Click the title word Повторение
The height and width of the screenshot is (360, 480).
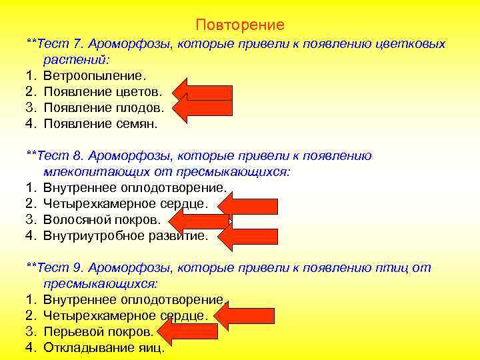(x=240, y=25)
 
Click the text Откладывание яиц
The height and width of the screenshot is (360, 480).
(x=103, y=347)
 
